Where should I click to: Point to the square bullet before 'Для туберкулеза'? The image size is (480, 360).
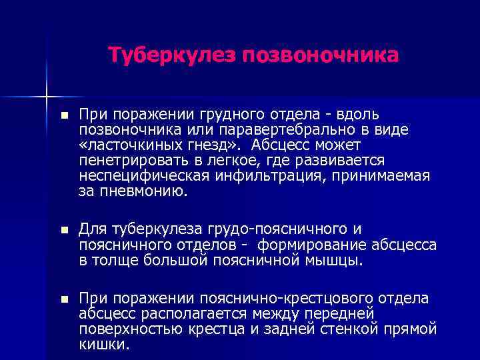click(x=63, y=229)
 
